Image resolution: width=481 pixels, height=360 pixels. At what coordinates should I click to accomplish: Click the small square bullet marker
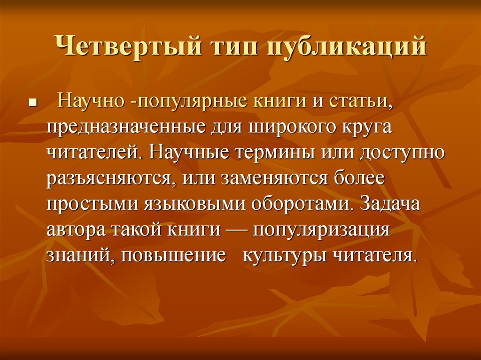32,102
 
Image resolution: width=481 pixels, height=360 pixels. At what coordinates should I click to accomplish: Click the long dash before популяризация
239,230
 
